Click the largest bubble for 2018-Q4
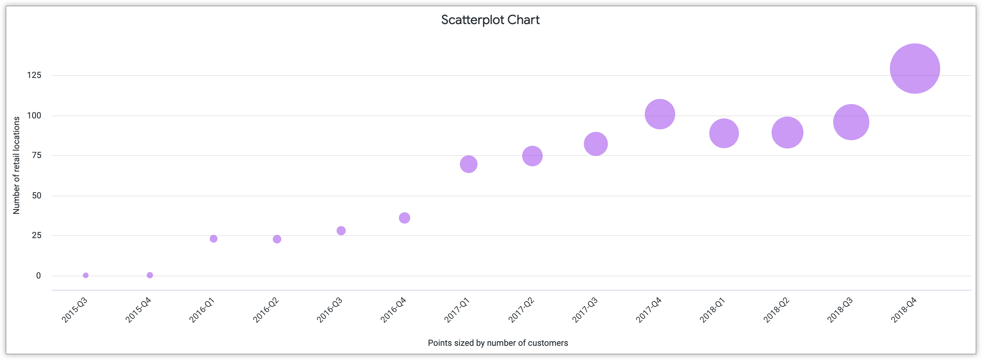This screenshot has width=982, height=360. pos(915,69)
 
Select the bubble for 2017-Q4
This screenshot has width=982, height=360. pos(660,114)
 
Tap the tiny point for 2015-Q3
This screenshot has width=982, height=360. pos(85,275)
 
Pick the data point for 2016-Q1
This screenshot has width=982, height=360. pos(214,239)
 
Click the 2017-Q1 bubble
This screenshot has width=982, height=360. pos(469,164)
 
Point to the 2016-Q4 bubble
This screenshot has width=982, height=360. pos(405,218)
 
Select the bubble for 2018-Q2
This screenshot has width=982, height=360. pos(787,132)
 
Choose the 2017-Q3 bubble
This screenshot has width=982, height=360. pos(596,144)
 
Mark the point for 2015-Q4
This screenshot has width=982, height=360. pos(150,275)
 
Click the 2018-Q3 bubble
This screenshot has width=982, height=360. pos(851,122)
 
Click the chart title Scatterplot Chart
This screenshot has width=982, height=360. pos(490,20)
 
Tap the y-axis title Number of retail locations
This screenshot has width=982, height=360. pos(16,165)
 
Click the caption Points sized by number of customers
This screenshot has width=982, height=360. pos(497,343)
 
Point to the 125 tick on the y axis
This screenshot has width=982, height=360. pos(34,75)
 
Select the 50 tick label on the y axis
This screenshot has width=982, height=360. pos(36,196)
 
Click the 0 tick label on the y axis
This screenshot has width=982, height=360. pos(38,276)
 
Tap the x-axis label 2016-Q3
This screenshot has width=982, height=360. pos(330,310)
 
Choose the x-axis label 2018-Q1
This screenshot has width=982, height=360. pos(712,310)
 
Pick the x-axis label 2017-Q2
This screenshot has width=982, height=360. pos(521,310)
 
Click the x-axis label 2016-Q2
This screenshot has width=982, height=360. pos(266,310)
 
